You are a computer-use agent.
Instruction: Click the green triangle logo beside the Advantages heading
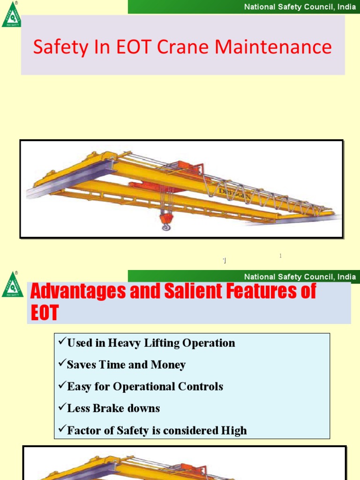(x=13, y=285)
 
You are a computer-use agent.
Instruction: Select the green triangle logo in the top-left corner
(x=12, y=15)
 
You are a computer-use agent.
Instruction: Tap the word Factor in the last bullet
(x=83, y=430)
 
